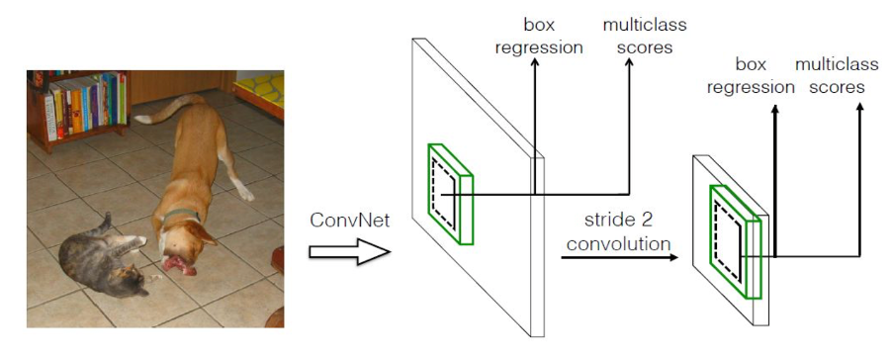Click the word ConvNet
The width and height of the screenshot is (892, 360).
point(348,221)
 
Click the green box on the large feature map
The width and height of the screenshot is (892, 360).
point(451,194)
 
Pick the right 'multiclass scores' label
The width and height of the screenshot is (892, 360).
point(837,76)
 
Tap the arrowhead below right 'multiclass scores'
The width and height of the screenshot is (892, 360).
point(858,106)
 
